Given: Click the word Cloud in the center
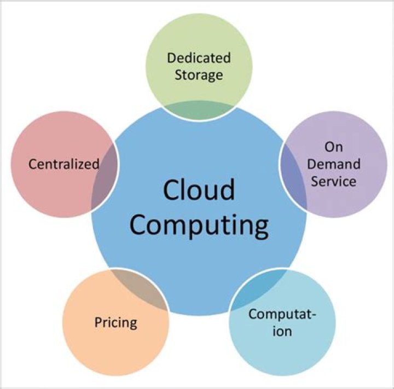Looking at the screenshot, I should click(199, 190).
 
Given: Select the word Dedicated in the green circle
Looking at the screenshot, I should click(199, 57).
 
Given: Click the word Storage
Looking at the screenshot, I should click(199, 74).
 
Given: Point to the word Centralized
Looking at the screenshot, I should click(64, 164).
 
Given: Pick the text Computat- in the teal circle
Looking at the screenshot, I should click(282, 315).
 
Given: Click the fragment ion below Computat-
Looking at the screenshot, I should click(282, 331).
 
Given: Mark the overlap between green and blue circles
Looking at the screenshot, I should click(199, 109).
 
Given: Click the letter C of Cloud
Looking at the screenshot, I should click(172, 190).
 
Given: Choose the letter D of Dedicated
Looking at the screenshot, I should click(171, 57).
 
